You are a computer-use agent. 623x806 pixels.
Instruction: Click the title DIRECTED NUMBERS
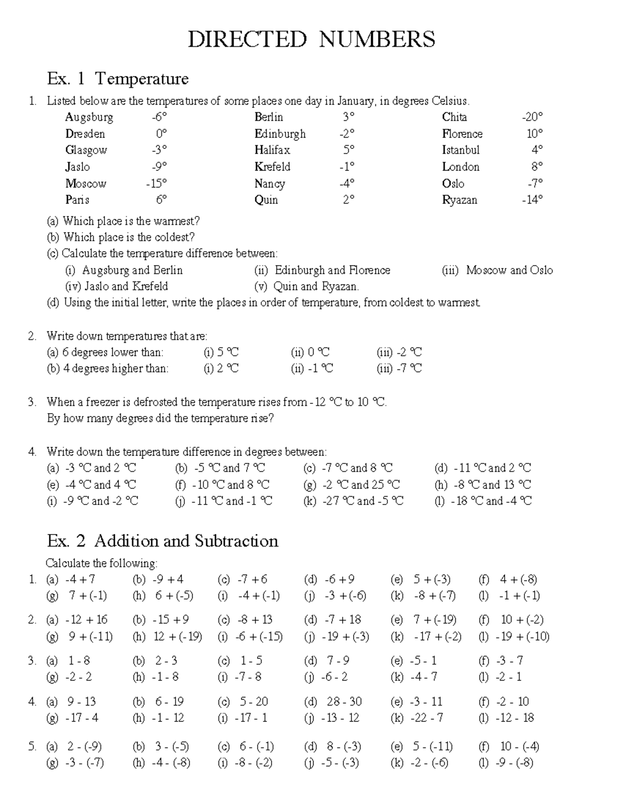coord(311,39)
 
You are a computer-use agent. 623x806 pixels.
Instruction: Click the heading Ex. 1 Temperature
coord(117,79)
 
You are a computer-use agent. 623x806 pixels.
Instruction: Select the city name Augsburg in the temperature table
coord(89,117)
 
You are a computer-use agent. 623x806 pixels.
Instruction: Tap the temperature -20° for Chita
coord(532,117)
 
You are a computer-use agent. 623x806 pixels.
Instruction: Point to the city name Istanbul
coord(461,151)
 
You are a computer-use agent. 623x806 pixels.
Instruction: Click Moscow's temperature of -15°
coord(156,184)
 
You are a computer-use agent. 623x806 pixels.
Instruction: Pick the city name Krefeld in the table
coord(272,167)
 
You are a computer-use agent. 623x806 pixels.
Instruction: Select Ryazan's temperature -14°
coord(532,200)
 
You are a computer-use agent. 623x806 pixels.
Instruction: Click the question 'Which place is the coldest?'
coord(129,238)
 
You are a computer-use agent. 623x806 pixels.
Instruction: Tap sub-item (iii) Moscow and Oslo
coord(497,270)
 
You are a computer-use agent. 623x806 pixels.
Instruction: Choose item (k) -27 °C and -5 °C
coord(353,501)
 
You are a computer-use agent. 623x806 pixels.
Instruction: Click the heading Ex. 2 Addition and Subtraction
coord(162,541)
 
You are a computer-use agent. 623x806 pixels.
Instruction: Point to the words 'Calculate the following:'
coord(101,563)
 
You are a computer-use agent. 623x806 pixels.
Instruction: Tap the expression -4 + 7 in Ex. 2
coord(80,579)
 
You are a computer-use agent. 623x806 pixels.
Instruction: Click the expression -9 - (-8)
coord(514,763)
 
